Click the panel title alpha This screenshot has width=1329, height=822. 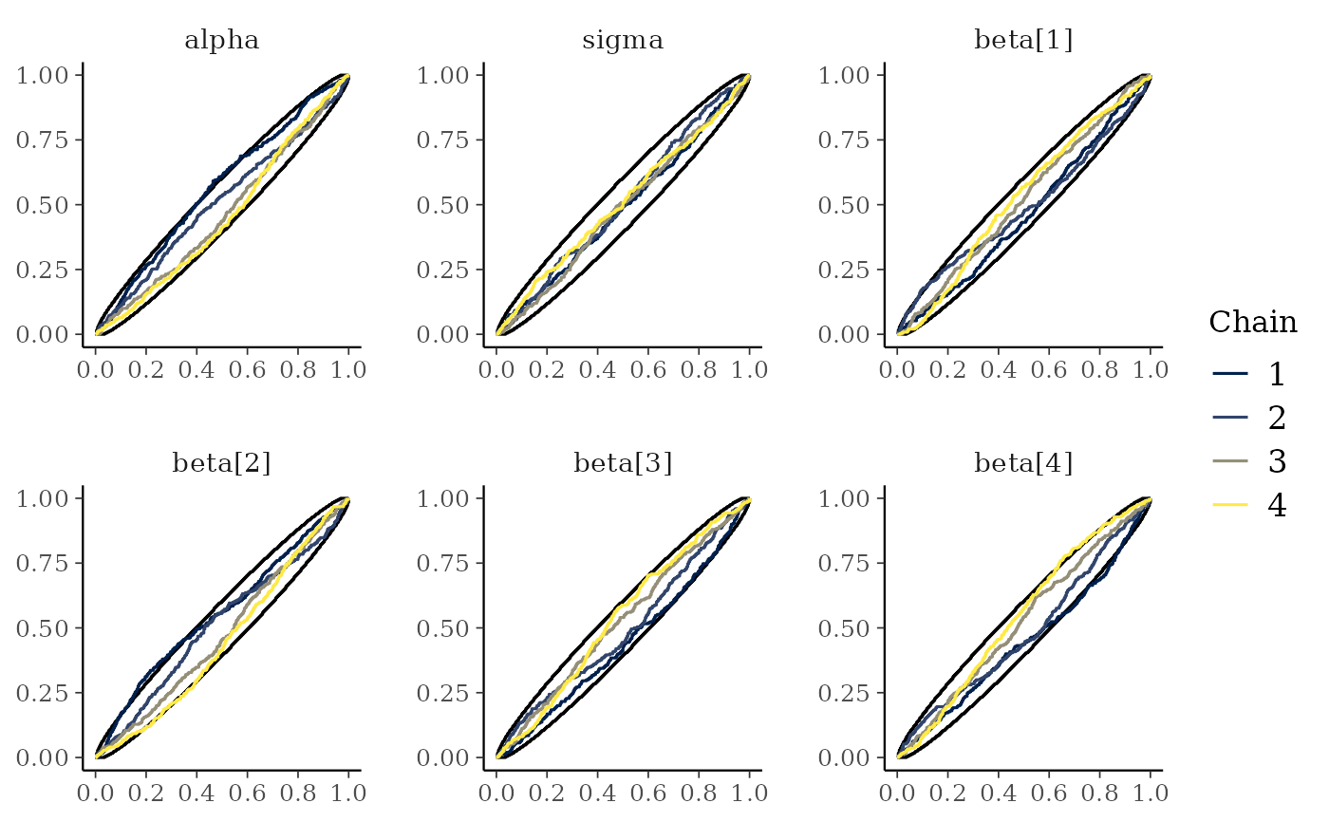click(x=221, y=41)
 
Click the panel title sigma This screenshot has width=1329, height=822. click(x=623, y=41)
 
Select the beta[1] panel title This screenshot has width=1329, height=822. click(x=1023, y=41)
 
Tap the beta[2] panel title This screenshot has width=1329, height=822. click(x=221, y=463)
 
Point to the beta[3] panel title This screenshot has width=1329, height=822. click(x=623, y=463)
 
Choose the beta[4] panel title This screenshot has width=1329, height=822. click(x=1023, y=463)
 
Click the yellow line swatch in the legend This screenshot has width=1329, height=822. click(x=1230, y=505)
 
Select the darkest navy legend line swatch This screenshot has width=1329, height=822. click(x=1230, y=373)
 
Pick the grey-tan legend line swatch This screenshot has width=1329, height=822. click(x=1230, y=461)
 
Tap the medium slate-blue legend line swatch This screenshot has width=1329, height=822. click(x=1230, y=417)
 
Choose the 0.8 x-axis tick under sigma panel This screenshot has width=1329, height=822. click(x=699, y=369)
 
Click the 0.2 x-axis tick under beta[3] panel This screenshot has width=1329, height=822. click(x=547, y=793)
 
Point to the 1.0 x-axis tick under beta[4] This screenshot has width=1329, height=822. click(x=1151, y=793)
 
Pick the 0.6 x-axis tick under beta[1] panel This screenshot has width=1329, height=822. click(x=1049, y=369)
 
